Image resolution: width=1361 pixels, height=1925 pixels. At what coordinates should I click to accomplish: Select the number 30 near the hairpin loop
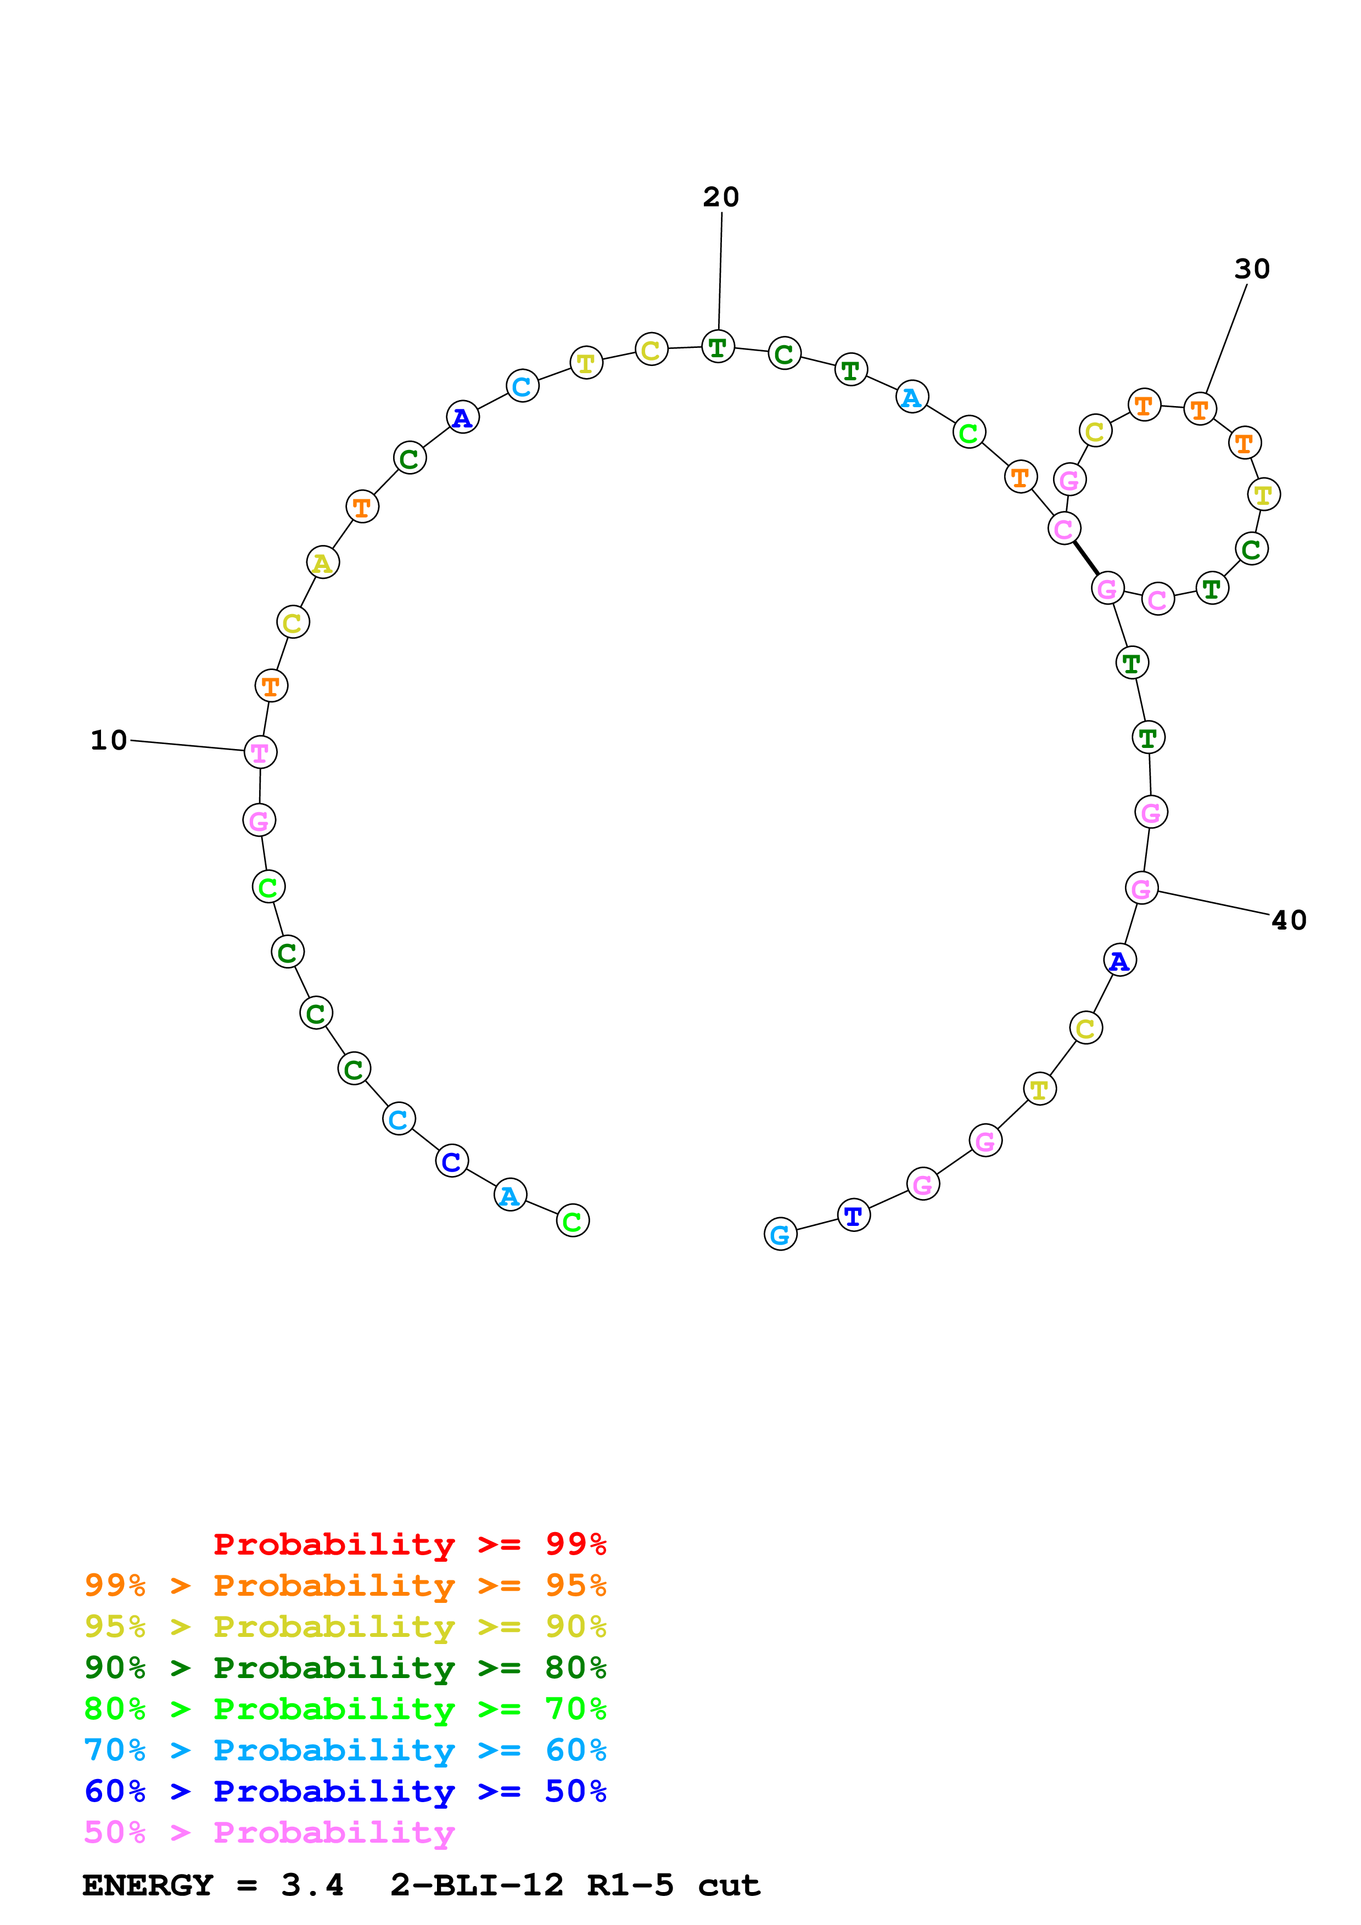(x=1251, y=269)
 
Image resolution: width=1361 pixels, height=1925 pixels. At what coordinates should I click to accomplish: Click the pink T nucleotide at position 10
(x=260, y=752)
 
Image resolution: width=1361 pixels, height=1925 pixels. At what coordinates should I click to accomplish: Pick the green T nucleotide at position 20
(x=718, y=346)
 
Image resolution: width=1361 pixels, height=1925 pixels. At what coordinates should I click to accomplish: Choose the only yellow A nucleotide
(x=323, y=562)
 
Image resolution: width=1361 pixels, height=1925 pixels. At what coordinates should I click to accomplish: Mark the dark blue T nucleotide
(x=854, y=1215)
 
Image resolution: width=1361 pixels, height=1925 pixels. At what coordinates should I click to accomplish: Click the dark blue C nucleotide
(x=452, y=1161)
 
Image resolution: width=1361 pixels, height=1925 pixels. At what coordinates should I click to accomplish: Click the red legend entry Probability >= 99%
(x=409, y=1544)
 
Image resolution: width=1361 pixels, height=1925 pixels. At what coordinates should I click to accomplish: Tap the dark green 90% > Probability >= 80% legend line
(x=345, y=1668)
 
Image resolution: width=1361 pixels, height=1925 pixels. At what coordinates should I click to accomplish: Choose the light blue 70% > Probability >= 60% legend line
(x=345, y=1750)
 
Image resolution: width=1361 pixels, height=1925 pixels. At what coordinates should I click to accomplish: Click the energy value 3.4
(x=312, y=1885)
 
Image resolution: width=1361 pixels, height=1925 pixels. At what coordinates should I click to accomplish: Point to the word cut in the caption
(x=728, y=1885)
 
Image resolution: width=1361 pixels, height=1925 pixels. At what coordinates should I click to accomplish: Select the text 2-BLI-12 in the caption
(x=477, y=1885)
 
